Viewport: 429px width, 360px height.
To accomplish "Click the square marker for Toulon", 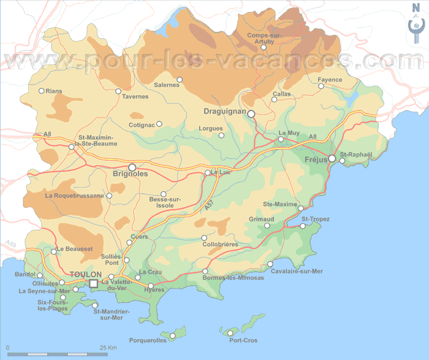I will click(93, 283).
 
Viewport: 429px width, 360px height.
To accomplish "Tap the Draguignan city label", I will click(224, 112).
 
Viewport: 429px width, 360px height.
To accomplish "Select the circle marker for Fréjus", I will click(332, 159).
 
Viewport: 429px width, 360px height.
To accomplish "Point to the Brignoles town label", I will click(130, 175).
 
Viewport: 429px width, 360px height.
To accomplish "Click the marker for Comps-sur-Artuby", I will click(264, 47).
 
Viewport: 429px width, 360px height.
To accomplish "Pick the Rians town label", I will click(55, 91).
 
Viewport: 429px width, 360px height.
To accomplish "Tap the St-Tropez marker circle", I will click(303, 226).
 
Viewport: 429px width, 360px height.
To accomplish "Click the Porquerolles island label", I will click(148, 340).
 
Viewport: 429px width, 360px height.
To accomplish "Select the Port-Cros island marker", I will click(232, 332).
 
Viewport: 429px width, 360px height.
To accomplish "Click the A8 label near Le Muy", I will click(313, 137).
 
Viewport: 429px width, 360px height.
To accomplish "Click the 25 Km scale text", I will click(108, 348).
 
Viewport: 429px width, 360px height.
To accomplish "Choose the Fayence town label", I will click(330, 80).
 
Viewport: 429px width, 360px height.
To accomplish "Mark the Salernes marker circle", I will click(180, 79).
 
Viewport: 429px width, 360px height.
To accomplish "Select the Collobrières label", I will click(220, 244).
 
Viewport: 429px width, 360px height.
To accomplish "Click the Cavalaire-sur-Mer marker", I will click(270, 264).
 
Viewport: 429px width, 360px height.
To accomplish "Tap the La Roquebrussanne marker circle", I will click(109, 196).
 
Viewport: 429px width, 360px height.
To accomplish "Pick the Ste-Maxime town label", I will click(279, 204).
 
